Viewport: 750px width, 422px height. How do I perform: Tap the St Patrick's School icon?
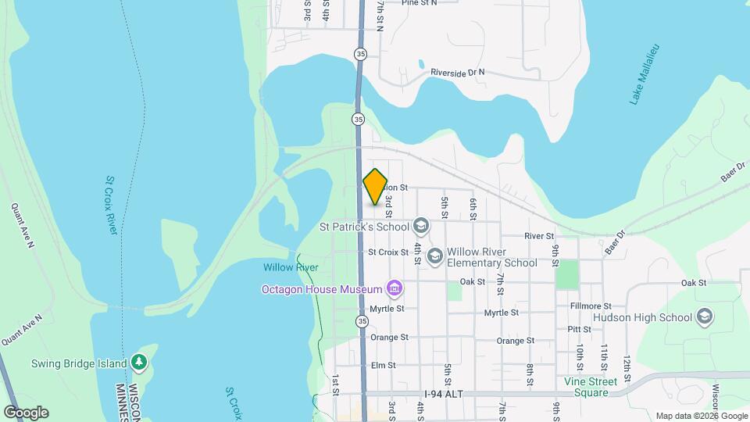point(421,227)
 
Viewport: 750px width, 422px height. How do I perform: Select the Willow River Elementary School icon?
point(435,256)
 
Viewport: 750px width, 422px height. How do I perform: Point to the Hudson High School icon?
point(704,317)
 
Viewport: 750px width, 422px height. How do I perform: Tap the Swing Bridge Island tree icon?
point(139,362)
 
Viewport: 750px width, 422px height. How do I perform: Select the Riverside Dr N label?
point(458,73)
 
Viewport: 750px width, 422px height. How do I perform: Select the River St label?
point(539,236)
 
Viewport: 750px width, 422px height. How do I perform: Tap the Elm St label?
point(384,365)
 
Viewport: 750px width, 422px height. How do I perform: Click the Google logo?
point(26,413)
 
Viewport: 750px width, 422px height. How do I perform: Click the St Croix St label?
point(388,252)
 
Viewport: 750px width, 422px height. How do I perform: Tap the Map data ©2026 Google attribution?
point(702,416)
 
